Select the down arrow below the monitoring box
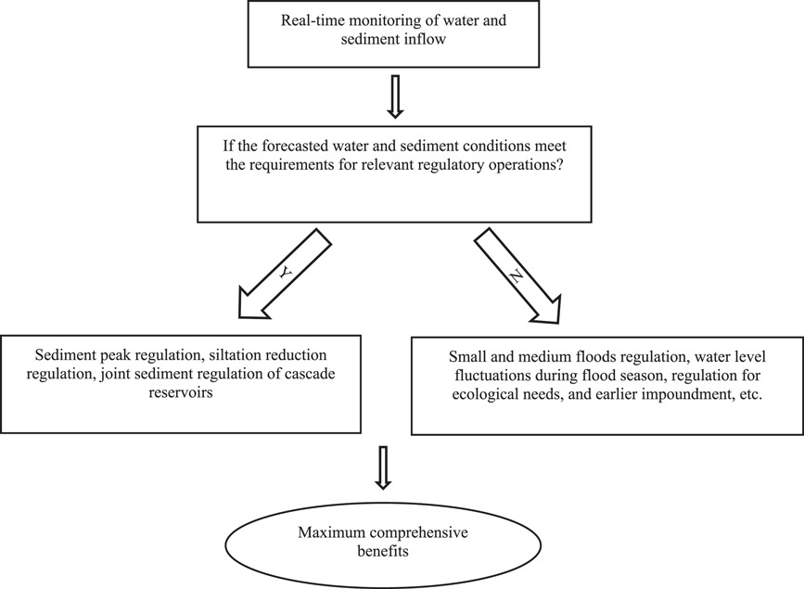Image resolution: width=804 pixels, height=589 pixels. tap(395, 96)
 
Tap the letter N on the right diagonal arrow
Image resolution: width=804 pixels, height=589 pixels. tap(516, 277)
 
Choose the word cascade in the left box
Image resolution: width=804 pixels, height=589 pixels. tap(312, 373)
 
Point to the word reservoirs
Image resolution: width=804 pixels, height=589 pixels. tap(181, 392)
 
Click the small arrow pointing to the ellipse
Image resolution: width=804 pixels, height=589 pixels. tap(382, 467)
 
